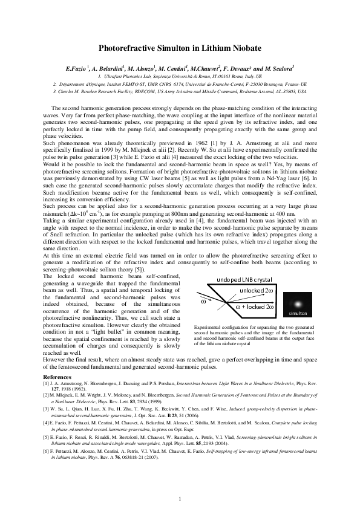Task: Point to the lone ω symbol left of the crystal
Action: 203,300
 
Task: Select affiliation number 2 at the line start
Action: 55,85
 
